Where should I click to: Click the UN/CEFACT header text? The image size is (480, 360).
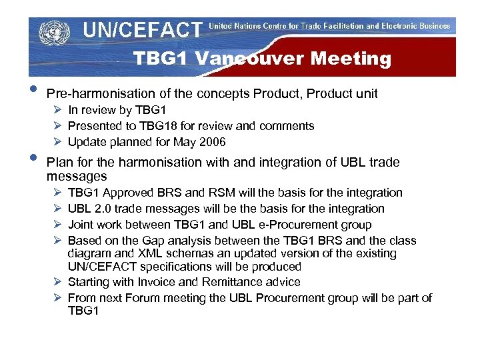pos(142,29)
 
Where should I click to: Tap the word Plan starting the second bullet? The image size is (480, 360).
pos(59,162)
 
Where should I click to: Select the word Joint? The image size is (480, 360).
pos(81,225)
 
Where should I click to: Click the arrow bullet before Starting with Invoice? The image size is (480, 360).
pos(58,282)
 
